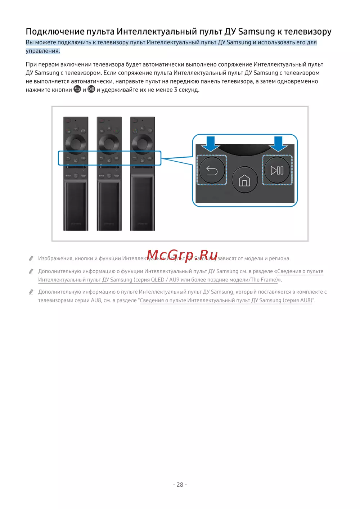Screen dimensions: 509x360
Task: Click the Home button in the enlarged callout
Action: (x=244, y=179)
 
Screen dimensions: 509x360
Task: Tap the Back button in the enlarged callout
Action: (x=212, y=170)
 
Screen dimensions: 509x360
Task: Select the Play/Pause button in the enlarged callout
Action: (x=277, y=170)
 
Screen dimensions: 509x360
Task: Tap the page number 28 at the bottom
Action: (x=180, y=485)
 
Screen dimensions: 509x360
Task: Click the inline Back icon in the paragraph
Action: (x=77, y=89)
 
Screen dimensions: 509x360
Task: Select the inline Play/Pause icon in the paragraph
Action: (x=91, y=89)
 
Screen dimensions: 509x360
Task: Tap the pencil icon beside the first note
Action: (x=31, y=258)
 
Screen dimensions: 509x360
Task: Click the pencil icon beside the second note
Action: (x=31, y=271)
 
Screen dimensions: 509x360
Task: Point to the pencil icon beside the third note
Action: (x=31, y=292)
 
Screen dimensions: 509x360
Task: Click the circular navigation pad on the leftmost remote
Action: (x=76, y=143)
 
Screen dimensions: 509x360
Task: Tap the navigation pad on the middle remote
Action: (x=109, y=143)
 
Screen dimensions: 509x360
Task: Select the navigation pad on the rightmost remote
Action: (x=142, y=143)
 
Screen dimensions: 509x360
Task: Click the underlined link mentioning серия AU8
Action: (x=226, y=300)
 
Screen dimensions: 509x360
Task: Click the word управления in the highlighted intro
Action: (x=42, y=51)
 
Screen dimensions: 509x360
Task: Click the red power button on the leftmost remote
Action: (x=68, y=120)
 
